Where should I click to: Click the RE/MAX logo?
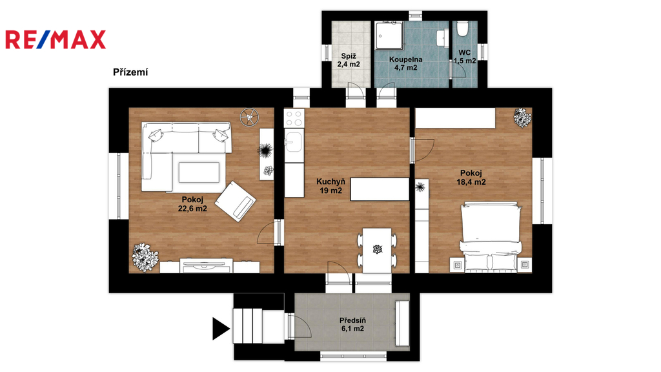pyautogui.click(x=56, y=39)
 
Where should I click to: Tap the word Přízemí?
pyautogui.click(x=130, y=72)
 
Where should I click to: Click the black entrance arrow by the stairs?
pyautogui.click(x=221, y=329)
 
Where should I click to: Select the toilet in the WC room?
pyautogui.click(x=463, y=29)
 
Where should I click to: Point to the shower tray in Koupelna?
pyautogui.click(x=390, y=36)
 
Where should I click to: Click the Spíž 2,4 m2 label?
pyautogui.click(x=349, y=60)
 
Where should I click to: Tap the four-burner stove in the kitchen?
pyautogui.click(x=294, y=118)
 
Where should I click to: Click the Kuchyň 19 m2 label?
pyautogui.click(x=331, y=186)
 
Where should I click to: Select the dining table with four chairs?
pyautogui.click(x=377, y=250)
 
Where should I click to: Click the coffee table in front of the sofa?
pyautogui.click(x=199, y=172)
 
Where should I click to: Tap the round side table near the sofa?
pyautogui.click(x=250, y=117)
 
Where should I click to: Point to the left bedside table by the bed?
pyautogui.click(x=458, y=264)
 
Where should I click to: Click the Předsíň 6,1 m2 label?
pyautogui.click(x=352, y=325)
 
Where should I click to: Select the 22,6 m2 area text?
pyautogui.click(x=192, y=209)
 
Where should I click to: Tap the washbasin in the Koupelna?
pyautogui.click(x=442, y=37)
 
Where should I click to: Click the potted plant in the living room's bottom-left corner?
pyautogui.click(x=145, y=257)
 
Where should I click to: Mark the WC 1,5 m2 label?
pyautogui.click(x=465, y=57)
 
